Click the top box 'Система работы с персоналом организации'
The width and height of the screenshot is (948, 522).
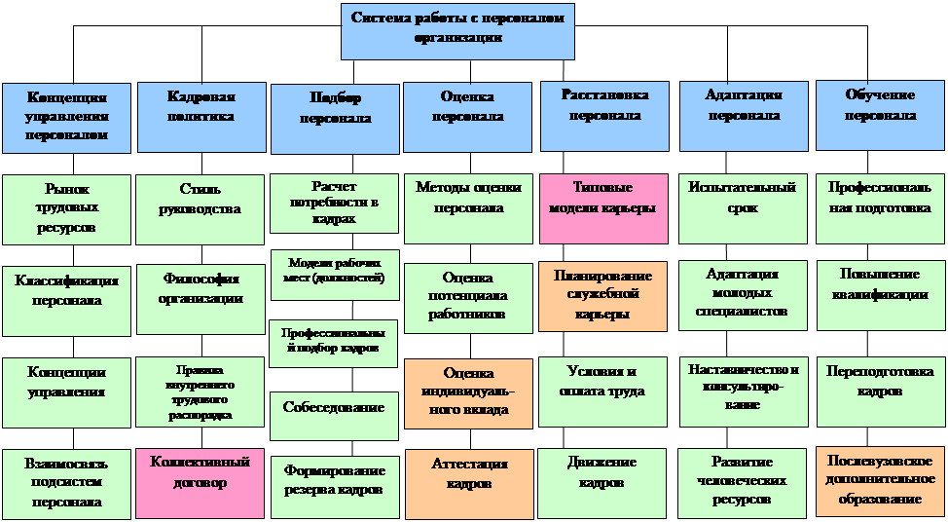point(457,30)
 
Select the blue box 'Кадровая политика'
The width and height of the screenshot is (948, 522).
point(201,117)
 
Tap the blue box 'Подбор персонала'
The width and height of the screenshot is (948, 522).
point(335,118)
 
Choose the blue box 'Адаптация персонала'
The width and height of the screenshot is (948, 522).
point(743,116)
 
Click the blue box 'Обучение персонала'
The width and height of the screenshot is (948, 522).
point(880,116)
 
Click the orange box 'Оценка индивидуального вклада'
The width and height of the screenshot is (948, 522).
point(468,391)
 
